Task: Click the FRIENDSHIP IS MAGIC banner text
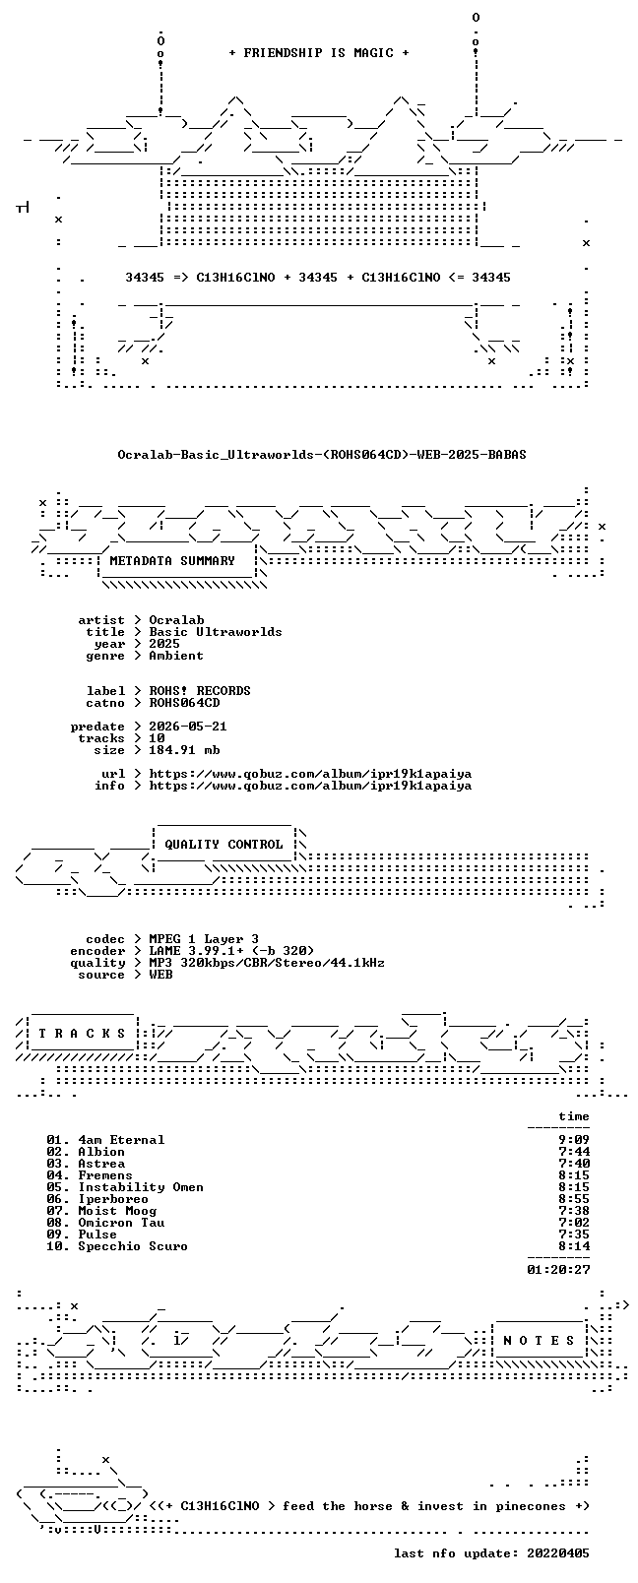pos(319,53)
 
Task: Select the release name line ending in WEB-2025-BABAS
pos(322,455)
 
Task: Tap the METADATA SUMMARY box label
pos(171,561)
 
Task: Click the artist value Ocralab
pos(176,620)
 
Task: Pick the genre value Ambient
pos(176,656)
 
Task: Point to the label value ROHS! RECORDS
pos(200,691)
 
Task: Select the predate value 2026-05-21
pos(188,727)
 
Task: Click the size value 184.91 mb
pos(184,750)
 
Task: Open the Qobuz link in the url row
pos(310,774)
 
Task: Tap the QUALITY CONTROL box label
pos(223,845)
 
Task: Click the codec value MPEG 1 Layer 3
pos(204,939)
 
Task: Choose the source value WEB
pos(160,975)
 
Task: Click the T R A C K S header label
pos(82,1034)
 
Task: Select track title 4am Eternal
pos(121,1140)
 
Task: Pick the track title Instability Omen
pos(141,1187)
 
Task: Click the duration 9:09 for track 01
pos(574,1140)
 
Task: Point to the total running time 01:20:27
pos(558,1270)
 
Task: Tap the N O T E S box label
pos(540,1341)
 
